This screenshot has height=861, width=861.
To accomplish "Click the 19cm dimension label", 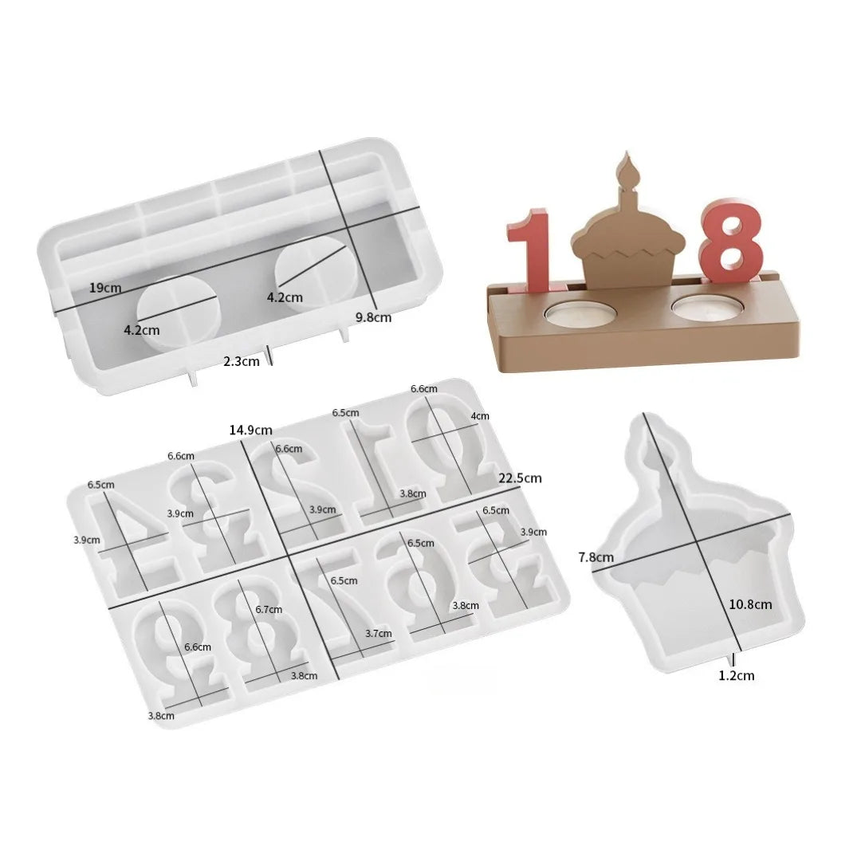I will (x=104, y=288).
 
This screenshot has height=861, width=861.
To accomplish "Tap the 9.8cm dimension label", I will (x=373, y=317).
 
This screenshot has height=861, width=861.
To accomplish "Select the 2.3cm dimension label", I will (x=241, y=361).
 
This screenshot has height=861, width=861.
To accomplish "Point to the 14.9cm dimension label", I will (x=247, y=430).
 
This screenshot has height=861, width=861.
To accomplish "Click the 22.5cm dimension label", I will (x=520, y=478).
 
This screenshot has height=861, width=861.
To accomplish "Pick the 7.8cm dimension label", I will (x=596, y=557).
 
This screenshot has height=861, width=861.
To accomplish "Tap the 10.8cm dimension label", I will (x=750, y=604).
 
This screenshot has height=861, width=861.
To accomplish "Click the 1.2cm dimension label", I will (x=736, y=676).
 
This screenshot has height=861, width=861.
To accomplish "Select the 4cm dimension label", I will (x=481, y=416).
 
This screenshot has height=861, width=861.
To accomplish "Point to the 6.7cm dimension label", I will (x=269, y=610).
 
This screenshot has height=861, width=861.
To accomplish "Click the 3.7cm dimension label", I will (x=378, y=634).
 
